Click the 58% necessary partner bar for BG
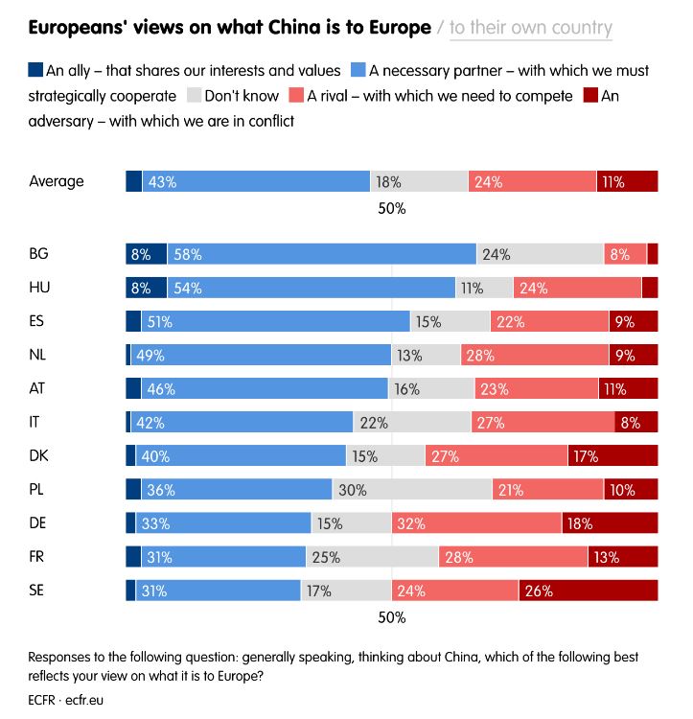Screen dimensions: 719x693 (x=321, y=254)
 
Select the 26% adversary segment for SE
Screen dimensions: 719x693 (x=589, y=591)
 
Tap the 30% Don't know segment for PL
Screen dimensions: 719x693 (x=412, y=489)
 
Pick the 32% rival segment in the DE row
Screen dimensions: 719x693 (x=476, y=522)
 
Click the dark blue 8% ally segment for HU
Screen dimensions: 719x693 (x=146, y=288)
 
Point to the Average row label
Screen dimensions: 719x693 (x=57, y=181)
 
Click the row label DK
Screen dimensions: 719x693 (x=39, y=455)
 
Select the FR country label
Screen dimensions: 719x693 (x=38, y=556)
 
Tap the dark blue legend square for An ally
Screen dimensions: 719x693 (x=36, y=70)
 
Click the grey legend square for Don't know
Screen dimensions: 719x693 (x=194, y=96)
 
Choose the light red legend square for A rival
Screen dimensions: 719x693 (x=296, y=96)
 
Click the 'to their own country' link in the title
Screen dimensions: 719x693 (x=530, y=28)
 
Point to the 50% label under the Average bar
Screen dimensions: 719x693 (x=392, y=208)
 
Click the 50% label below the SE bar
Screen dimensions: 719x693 (x=392, y=618)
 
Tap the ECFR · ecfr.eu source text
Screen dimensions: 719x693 (x=66, y=700)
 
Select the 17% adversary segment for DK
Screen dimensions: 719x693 (x=612, y=455)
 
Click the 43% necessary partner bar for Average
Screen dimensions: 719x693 (x=256, y=181)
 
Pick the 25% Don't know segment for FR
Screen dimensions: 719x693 (x=373, y=556)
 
